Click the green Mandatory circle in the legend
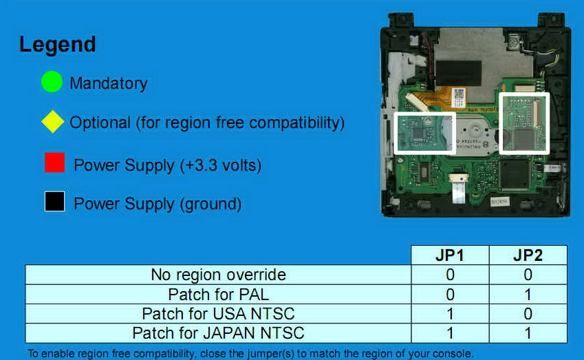click(x=52, y=82)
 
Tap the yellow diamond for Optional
click(x=52, y=121)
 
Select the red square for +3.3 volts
click(x=55, y=162)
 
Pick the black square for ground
click(x=55, y=202)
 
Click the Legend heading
click(x=58, y=45)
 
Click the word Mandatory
click(x=109, y=83)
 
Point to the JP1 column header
click(x=450, y=255)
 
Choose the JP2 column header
click(x=528, y=255)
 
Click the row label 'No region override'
click(x=218, y=275)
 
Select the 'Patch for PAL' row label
click(x=218, y=295)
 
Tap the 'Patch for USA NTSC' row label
click(x=218, y=314)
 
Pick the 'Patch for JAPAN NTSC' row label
click(x=218, y=333)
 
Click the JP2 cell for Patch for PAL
click(x=528, y=295)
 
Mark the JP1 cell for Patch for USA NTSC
click(x=450, y=314)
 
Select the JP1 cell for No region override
click(x=450, y=275)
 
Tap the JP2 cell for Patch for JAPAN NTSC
click(x=528, y=333)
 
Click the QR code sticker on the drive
click(x=459, y=97)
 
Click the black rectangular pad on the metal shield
click(x=459, y=74)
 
